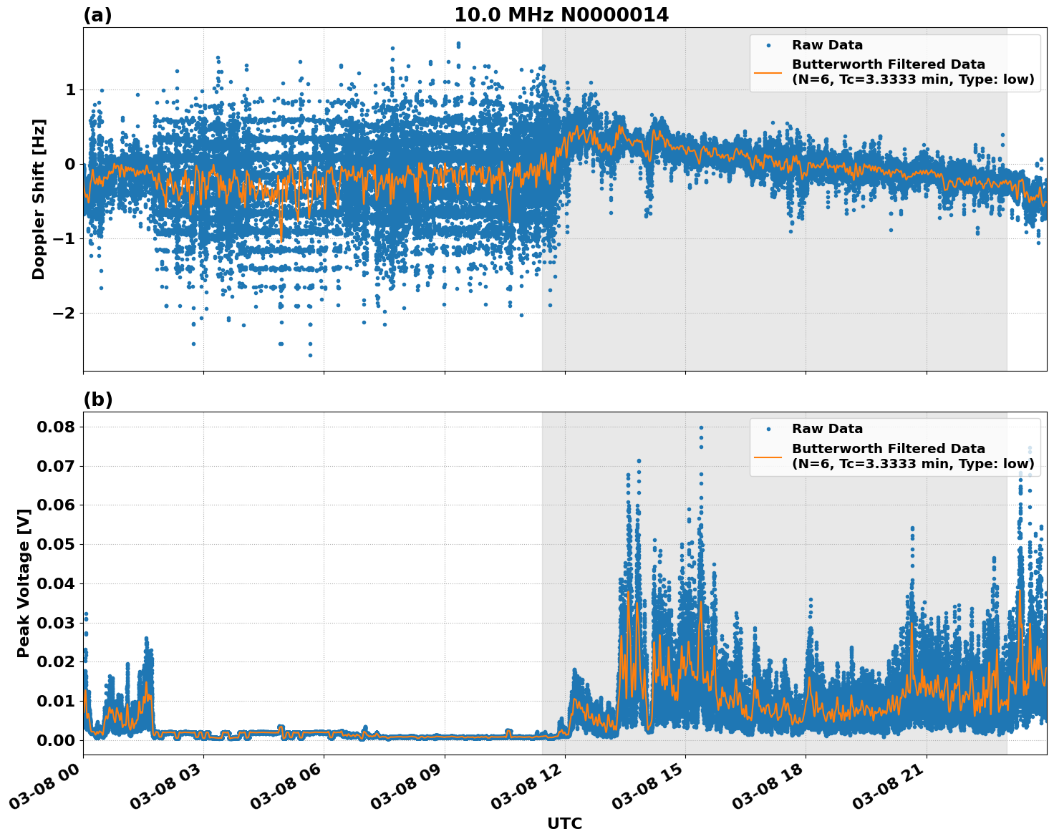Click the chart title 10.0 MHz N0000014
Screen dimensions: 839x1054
click(561, 15)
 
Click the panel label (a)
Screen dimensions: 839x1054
click(97, 15)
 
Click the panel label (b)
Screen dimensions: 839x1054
click(97, 399)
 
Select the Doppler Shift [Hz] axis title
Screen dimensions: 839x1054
click(39, 199)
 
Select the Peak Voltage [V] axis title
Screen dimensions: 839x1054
click(24, 583)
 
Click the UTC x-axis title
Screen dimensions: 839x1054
click(564, 823)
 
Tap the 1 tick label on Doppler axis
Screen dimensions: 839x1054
click(70, 90)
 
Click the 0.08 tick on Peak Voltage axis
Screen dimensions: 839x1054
click(56, 427)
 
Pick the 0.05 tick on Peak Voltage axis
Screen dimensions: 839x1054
click(56, 545)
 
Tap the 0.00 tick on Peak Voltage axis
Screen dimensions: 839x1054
click(56, 740)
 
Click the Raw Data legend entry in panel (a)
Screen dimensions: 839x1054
click(827, 45)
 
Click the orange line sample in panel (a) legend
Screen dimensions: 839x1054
click(768, 72)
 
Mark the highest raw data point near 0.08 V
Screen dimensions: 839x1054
click(701, 427)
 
